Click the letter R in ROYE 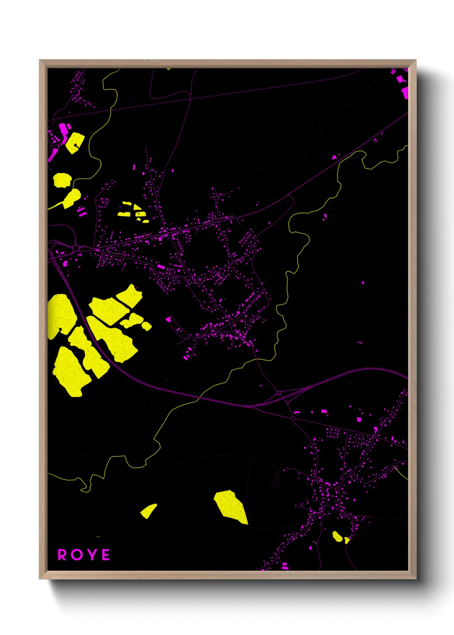coord(62,555)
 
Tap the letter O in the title coord(76,555)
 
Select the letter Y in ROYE coord(91,555)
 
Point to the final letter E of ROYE coord(105,555)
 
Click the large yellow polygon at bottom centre coord(231,507)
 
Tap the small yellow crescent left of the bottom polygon coord(148,511)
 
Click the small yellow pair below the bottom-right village coord(339,537)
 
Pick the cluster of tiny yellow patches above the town coord(133,212)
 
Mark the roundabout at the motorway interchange coord(279,393)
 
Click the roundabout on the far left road coord(76,248)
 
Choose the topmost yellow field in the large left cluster coord(130,295)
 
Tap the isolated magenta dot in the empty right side coord(363,283)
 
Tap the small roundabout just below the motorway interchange coord(292,417)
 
